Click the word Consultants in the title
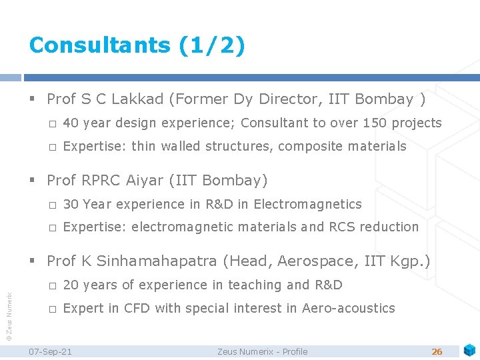coord(100,45)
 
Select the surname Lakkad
coord(139,99)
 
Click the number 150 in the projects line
coord(376,123)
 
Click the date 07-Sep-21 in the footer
coord(51,351)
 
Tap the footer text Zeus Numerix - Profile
coord(263,351)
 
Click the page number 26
coord(437,351)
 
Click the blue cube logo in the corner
coord(470,349)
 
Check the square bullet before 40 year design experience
coord(53,123)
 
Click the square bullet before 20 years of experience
coord(53,285)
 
